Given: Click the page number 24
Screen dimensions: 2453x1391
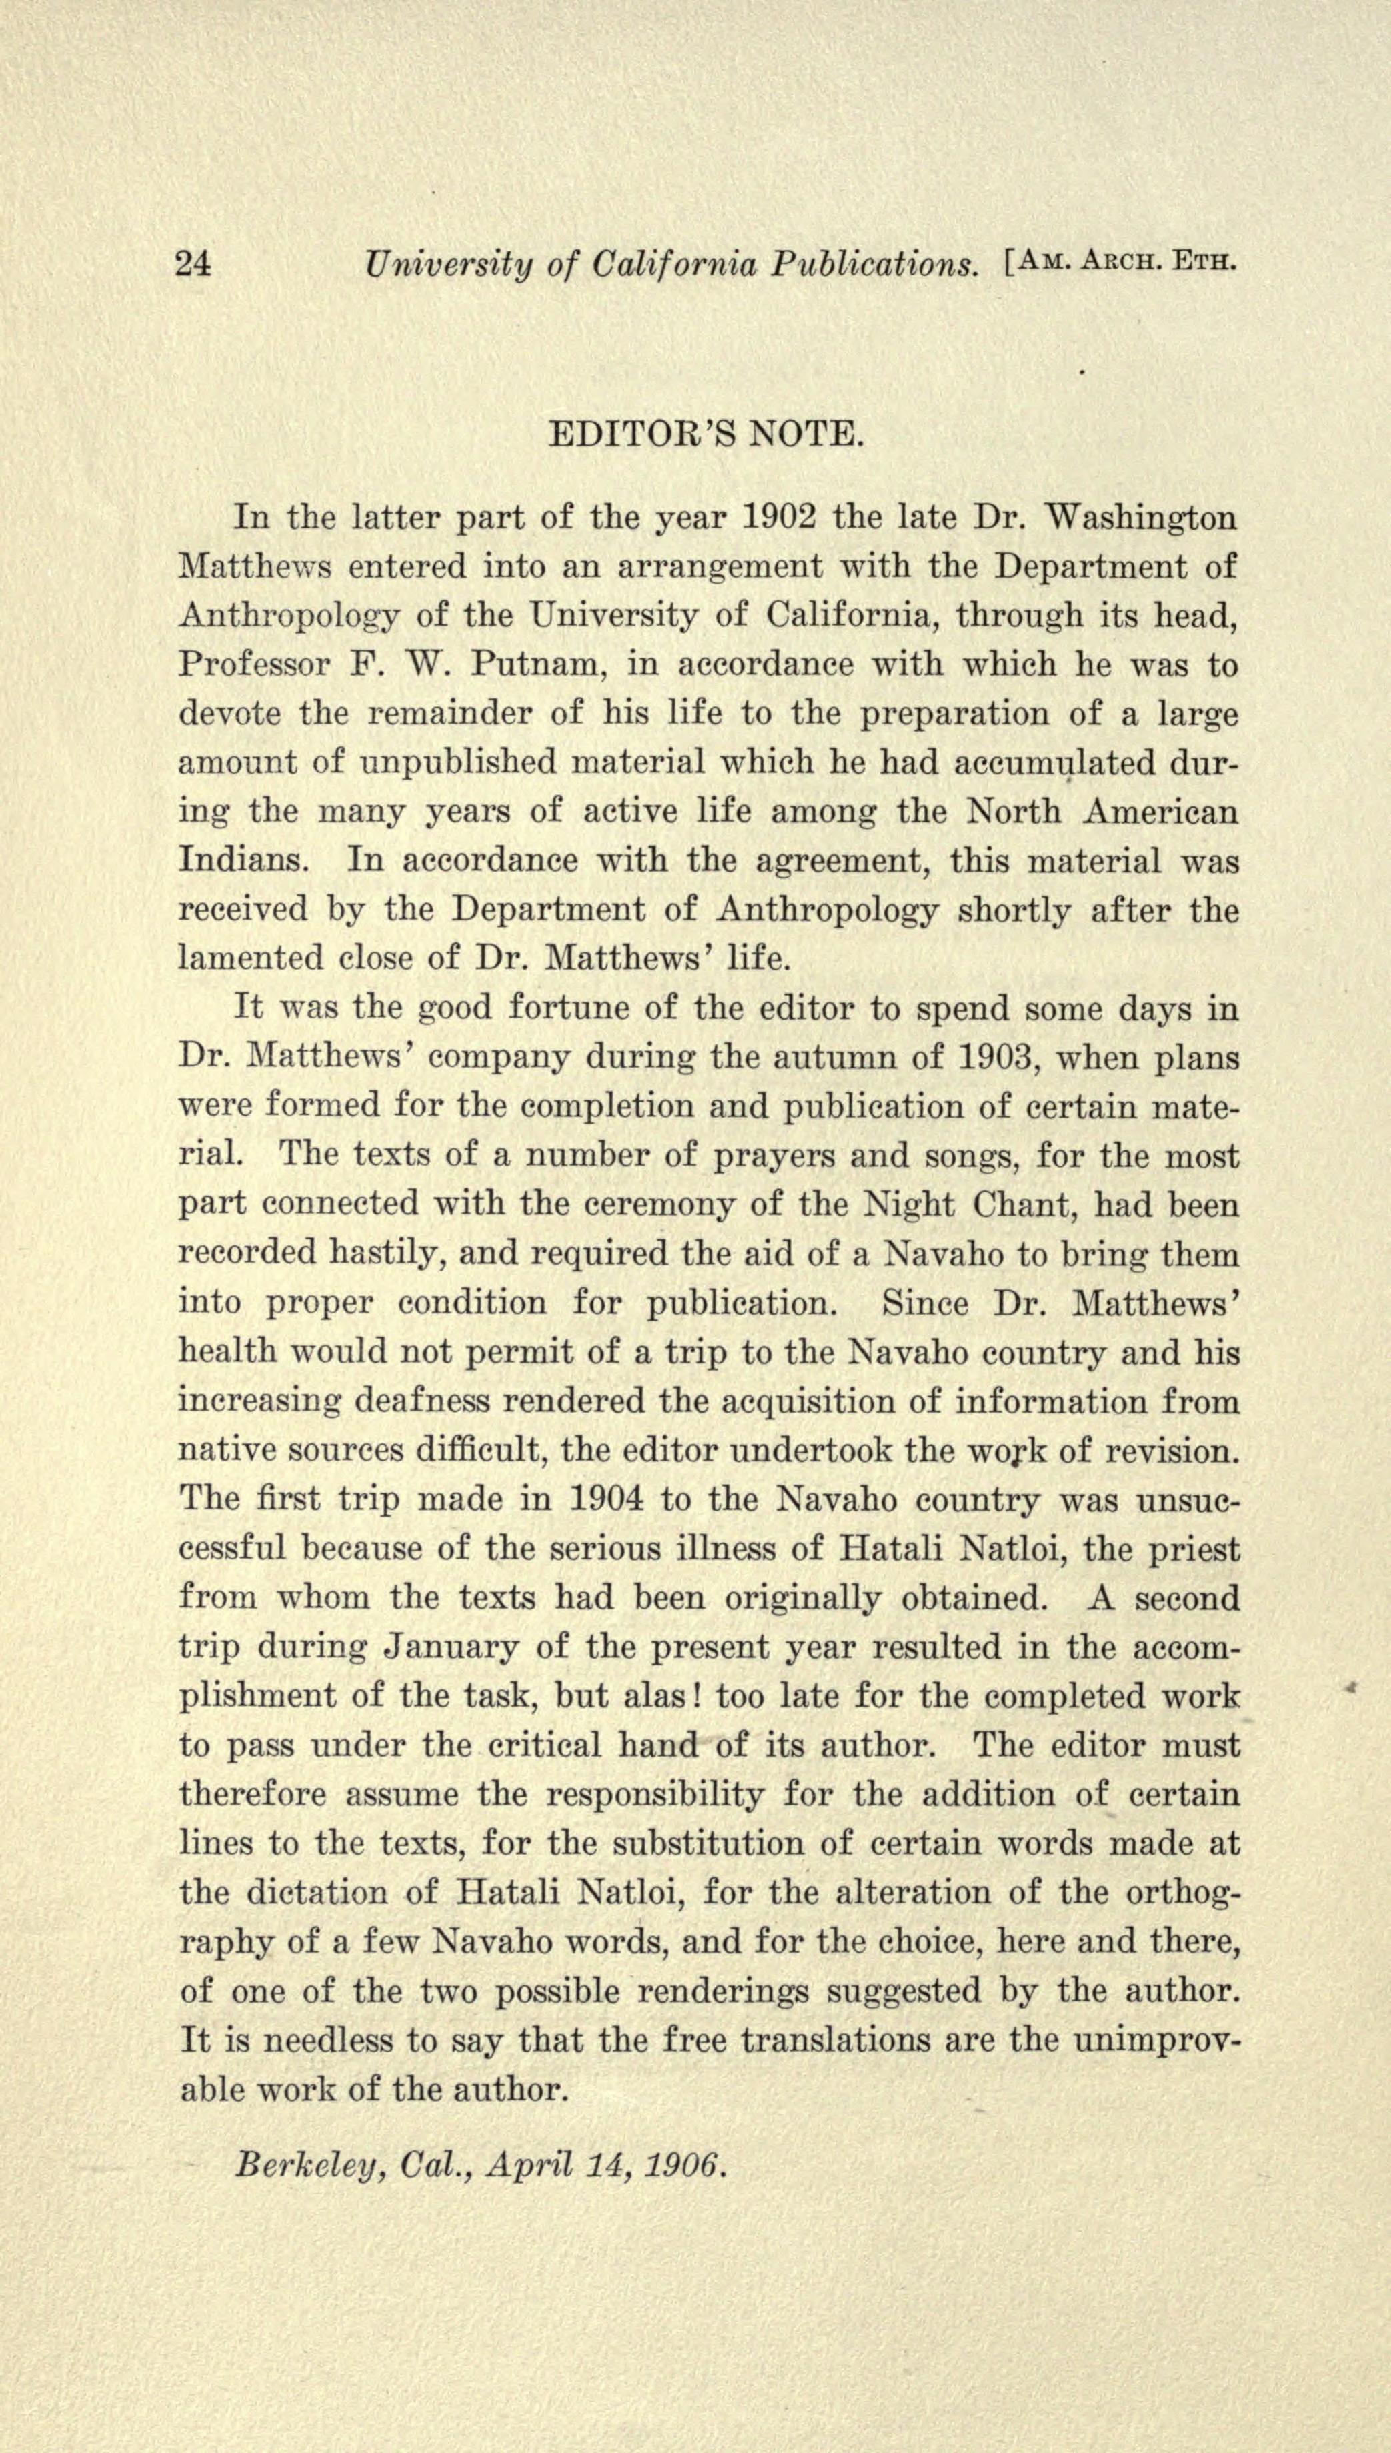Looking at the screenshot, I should click(194, 263).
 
